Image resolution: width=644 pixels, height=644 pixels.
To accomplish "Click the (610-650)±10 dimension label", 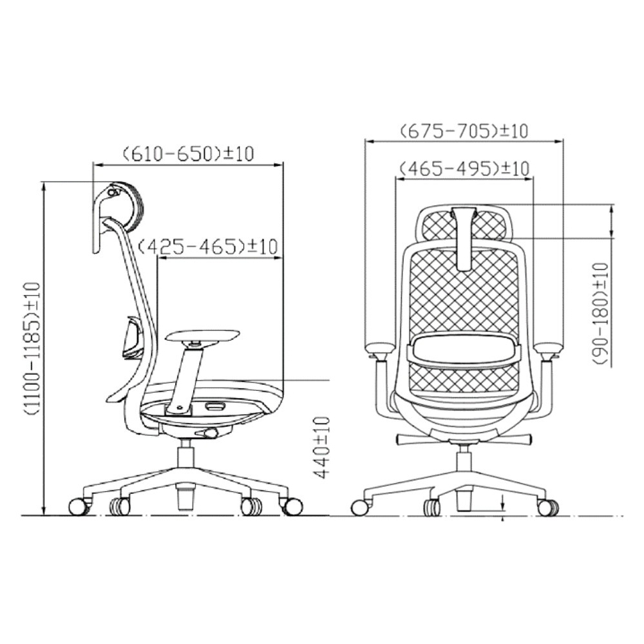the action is coord(189,154).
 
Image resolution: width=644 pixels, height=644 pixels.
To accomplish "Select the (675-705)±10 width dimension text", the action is coord(464,131).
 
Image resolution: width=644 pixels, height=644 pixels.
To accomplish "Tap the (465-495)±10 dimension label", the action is coord(464,168).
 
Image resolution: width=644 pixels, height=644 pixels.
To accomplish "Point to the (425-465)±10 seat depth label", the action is coord(208,247).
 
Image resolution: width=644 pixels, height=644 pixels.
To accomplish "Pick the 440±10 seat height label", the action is coord(323,448).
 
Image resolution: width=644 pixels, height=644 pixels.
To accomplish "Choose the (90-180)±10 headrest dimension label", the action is coord(600,314).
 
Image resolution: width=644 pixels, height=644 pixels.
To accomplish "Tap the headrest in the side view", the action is coord(128,207).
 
